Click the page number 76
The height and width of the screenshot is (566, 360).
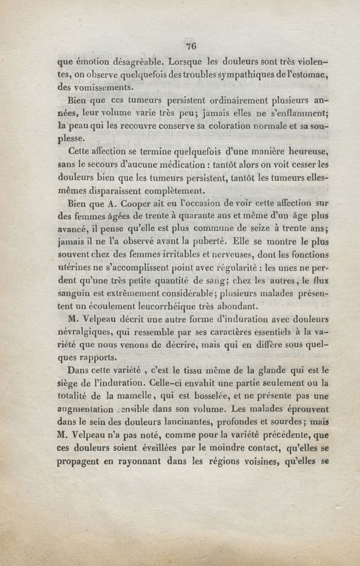tap(191, 46)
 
